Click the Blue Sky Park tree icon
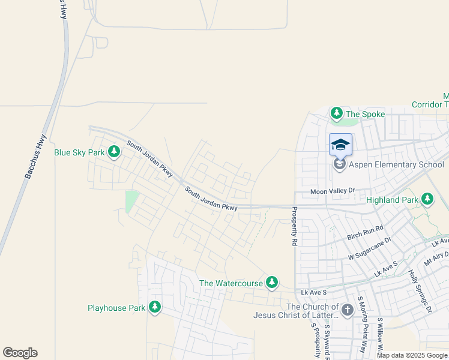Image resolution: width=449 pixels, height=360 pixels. (x=113, y=152)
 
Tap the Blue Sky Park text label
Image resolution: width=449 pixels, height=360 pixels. (x=80, y=152)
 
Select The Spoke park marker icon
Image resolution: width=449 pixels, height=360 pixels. (x=337, y=113)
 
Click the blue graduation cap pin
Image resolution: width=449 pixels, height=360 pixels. (x=340, y=145)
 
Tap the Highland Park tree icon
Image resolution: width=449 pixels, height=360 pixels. (x=427, y=199)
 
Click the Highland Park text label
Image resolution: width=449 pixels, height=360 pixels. (x=392, y=199)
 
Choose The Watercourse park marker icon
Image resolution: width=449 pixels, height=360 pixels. (x=272, y=282)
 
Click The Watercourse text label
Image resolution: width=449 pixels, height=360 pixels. (x=231, y=283)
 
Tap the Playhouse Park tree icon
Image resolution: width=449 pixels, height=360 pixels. (x=155, y=307)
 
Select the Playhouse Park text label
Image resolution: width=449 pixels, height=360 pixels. (x=116, y=308)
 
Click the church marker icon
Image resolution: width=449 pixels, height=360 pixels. (x=347, y=310)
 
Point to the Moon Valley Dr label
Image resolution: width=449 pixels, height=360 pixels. (x=333, y=191)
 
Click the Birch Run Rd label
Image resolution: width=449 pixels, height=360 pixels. (x=365, y=233)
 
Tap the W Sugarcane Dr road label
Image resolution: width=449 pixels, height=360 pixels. (x=370, y=248)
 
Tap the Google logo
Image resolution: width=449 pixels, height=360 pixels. (x=20, y=353)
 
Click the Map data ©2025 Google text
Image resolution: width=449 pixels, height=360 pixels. (x=412, y=355)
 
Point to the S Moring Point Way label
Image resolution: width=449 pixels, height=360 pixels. (x=361, y=324)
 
